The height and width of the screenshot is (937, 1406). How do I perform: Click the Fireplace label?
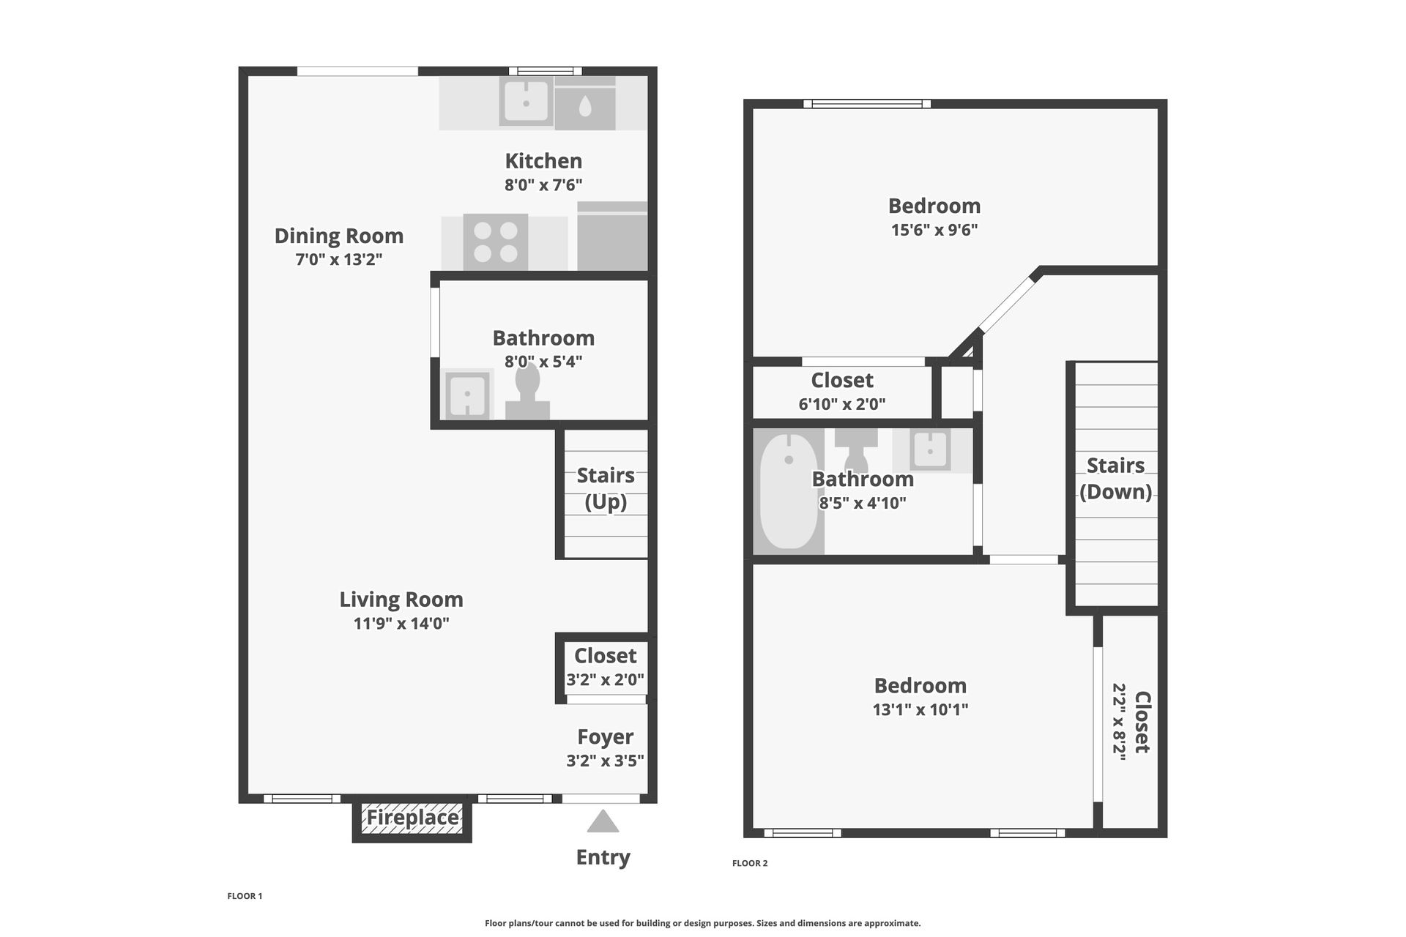412,818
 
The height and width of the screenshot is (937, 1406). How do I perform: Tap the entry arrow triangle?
603,822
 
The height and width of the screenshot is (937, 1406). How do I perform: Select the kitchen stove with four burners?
496,242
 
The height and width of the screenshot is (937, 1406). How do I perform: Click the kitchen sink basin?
526,102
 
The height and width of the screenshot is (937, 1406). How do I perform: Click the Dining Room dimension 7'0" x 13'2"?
339,259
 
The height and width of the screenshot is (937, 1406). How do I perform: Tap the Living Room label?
401,600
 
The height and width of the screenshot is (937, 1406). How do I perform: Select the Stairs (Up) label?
606,488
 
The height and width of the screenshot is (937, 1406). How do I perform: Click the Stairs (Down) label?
1115,478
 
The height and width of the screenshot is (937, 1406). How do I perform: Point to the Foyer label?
605,737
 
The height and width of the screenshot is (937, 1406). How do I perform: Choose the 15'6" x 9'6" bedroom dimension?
934,230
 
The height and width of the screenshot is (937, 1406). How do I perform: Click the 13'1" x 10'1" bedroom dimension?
920,709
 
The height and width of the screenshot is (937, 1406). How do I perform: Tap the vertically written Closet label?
1142,722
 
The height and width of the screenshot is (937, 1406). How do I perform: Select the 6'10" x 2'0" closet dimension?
842,404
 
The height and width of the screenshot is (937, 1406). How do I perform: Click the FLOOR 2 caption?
750,863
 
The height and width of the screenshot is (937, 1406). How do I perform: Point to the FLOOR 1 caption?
245,896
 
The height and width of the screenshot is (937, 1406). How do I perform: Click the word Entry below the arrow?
603,857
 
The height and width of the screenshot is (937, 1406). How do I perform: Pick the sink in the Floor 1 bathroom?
467,394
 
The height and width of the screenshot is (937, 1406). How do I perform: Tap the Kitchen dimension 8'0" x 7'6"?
543,184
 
